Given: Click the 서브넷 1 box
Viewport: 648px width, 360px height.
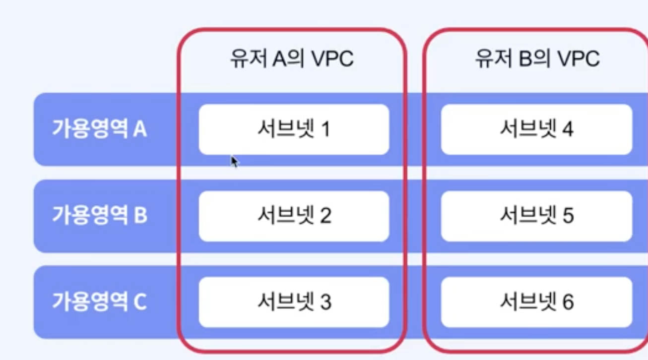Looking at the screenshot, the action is [x=294, y=129].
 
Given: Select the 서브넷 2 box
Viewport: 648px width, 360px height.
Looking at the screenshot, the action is [x=294, y=216].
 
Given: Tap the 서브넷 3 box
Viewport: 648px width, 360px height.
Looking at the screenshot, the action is [x=294, y=302].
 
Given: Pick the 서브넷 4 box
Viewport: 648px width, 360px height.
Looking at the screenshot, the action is [x=536, y=129].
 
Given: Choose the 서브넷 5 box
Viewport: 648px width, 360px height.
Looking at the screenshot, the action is [x=536, y=216].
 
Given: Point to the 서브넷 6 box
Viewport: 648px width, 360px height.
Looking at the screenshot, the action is [x=536, y=302].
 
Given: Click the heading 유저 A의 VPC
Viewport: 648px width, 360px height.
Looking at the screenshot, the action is [x=292, y=59].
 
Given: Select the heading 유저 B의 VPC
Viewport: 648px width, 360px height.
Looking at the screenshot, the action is [x=537, y=59].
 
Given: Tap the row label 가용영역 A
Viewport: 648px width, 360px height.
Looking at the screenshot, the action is [x=99, y=129].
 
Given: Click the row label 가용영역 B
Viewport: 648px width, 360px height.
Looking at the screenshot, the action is [x=99, y=216].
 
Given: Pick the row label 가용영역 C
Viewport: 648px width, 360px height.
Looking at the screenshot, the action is [x=99, y=302].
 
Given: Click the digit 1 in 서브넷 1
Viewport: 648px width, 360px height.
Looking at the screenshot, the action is [x=325, y=129].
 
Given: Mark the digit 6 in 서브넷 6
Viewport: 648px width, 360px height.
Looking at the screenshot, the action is [x=568, y=302].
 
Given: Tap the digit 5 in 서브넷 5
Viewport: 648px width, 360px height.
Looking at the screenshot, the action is [x=568, y=216].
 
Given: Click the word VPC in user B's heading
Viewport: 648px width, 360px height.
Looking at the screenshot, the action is [x=579, y=59].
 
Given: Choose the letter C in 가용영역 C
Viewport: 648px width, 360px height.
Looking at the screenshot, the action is [x=140, y=302].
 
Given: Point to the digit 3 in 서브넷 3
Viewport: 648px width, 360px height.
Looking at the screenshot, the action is [x=325, y=302].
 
